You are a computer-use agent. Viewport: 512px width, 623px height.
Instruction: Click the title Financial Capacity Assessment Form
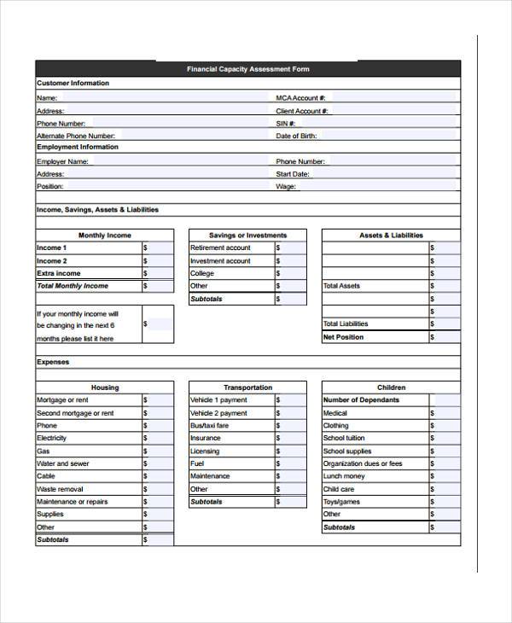click(x=248, y=69)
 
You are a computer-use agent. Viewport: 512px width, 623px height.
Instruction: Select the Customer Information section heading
click(x=73, y=83)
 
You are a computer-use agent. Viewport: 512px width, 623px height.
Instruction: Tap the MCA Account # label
click(x=300, y=98)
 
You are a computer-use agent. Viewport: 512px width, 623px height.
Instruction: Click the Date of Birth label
click(x=297, y=136)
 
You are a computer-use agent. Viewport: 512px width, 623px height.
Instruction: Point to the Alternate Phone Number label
click(x=75, y=136)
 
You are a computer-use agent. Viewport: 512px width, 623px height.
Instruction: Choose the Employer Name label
click(x=62, y=160)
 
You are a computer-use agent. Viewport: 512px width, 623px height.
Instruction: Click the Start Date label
click(x=291, y=173)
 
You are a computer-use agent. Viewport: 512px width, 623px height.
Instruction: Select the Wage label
click(x=286, y=186)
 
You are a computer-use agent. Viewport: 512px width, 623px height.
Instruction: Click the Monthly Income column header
click(x=105, y=236)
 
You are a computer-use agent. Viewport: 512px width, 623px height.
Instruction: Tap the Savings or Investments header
click(x=247, y=236)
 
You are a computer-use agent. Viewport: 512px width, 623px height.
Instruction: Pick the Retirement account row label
click(x=220, y=248)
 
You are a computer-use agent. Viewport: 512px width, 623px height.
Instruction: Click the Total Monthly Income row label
click(x=73, y=286)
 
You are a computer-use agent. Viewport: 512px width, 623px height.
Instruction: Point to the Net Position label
click(x=343, y=337)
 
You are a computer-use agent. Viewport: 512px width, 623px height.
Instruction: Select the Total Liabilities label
click(x=346, y=324)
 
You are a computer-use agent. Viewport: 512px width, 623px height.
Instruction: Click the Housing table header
click(x=105, y=387)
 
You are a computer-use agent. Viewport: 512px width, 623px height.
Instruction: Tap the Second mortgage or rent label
click(x=75, y=413)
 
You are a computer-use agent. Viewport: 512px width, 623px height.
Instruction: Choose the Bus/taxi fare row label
click(x=210, y=426)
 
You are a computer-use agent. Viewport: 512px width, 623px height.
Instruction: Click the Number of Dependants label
click(x=361, y=400)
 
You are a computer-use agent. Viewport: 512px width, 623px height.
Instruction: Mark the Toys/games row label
click(x=341, y=502)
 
